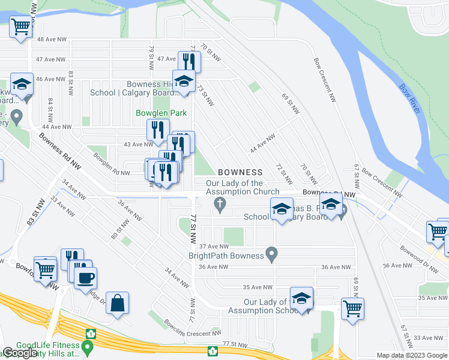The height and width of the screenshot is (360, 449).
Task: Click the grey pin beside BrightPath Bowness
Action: tap(272, 255)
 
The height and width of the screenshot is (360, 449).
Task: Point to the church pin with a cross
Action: tap(220, 205)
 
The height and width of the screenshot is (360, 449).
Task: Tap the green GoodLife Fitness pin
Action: tap(88, 347)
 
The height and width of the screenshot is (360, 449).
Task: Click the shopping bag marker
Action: tap(118, 304)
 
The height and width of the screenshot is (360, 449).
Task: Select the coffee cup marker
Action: tap(85, 278)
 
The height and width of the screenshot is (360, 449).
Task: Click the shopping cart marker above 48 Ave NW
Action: tap(20, 27)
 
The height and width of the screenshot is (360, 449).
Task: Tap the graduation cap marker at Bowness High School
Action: tap(184, 81)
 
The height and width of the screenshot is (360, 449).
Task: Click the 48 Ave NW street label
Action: tap(51, 39)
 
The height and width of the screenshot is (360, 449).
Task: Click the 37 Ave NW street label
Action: tap(214, 246)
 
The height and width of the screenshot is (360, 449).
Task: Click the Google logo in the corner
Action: tap(20, 353)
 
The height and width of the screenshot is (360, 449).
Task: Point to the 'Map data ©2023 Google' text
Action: tap(412, 355)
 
